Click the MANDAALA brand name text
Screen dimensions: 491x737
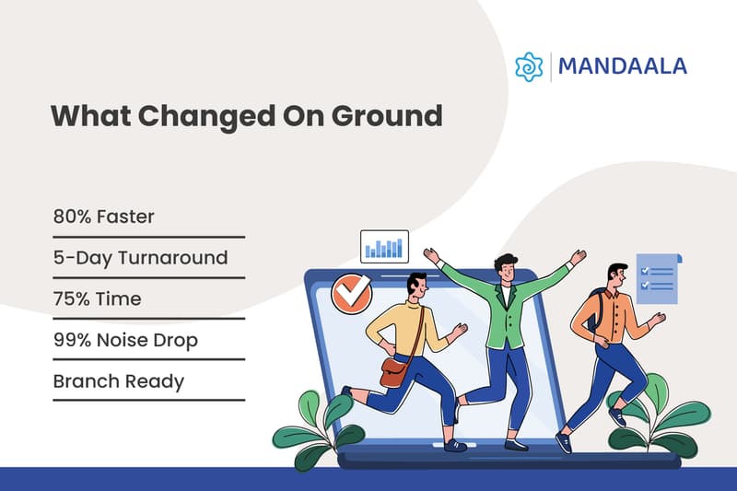(x=623, y=66)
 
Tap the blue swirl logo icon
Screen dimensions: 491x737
(x=529, y=66)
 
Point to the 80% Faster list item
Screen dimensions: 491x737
(x=103, y=217)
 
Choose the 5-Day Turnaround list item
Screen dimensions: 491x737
(x=140, y=257)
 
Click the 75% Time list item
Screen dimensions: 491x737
(x=97, y=298)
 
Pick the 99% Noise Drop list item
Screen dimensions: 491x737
(x=125, y=341)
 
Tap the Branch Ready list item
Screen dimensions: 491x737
(x=119, y=380)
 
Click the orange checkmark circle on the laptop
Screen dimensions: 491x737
(x=351, y=293)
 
